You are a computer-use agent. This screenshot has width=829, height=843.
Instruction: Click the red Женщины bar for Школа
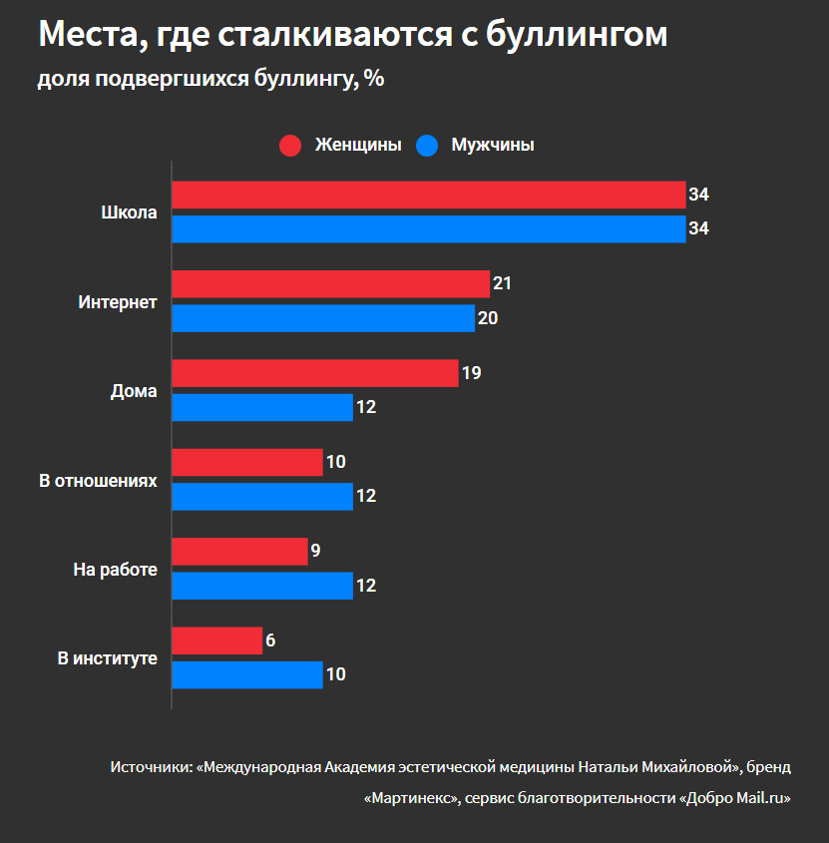click(x=429, y=195)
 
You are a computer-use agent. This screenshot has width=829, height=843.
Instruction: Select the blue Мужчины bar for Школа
click(x=429, y=229)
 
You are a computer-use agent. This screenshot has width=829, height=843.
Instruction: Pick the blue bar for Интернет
click(x=323, y=319)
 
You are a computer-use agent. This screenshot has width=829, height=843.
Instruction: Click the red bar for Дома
click(x=315, y=373)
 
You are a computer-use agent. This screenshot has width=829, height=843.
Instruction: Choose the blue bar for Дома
click(x=262, y=408)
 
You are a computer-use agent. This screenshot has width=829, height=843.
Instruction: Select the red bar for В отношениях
click(x=247, y=462)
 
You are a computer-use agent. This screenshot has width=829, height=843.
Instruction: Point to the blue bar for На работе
click(x=262, y=586)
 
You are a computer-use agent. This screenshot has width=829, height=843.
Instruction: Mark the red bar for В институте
click(x=217, y=640)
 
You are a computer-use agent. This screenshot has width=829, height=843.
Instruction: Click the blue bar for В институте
click(x=247, y=674)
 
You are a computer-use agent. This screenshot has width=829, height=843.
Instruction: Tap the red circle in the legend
click(x=290, y=146)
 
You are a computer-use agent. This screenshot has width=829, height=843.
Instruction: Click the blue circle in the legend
click(x=427, y=146)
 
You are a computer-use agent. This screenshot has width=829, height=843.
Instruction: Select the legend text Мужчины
click(x=493, y=146)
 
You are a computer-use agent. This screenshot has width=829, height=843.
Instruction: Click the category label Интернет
click(x=118, y=301)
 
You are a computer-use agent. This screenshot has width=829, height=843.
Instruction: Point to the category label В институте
click(x=108, y=658)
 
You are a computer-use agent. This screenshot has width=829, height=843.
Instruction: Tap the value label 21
click(x=502, y=284)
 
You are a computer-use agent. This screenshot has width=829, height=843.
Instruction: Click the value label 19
click(x=472, y=373)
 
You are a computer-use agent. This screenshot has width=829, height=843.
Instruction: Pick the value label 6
click(x=270, y=640)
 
